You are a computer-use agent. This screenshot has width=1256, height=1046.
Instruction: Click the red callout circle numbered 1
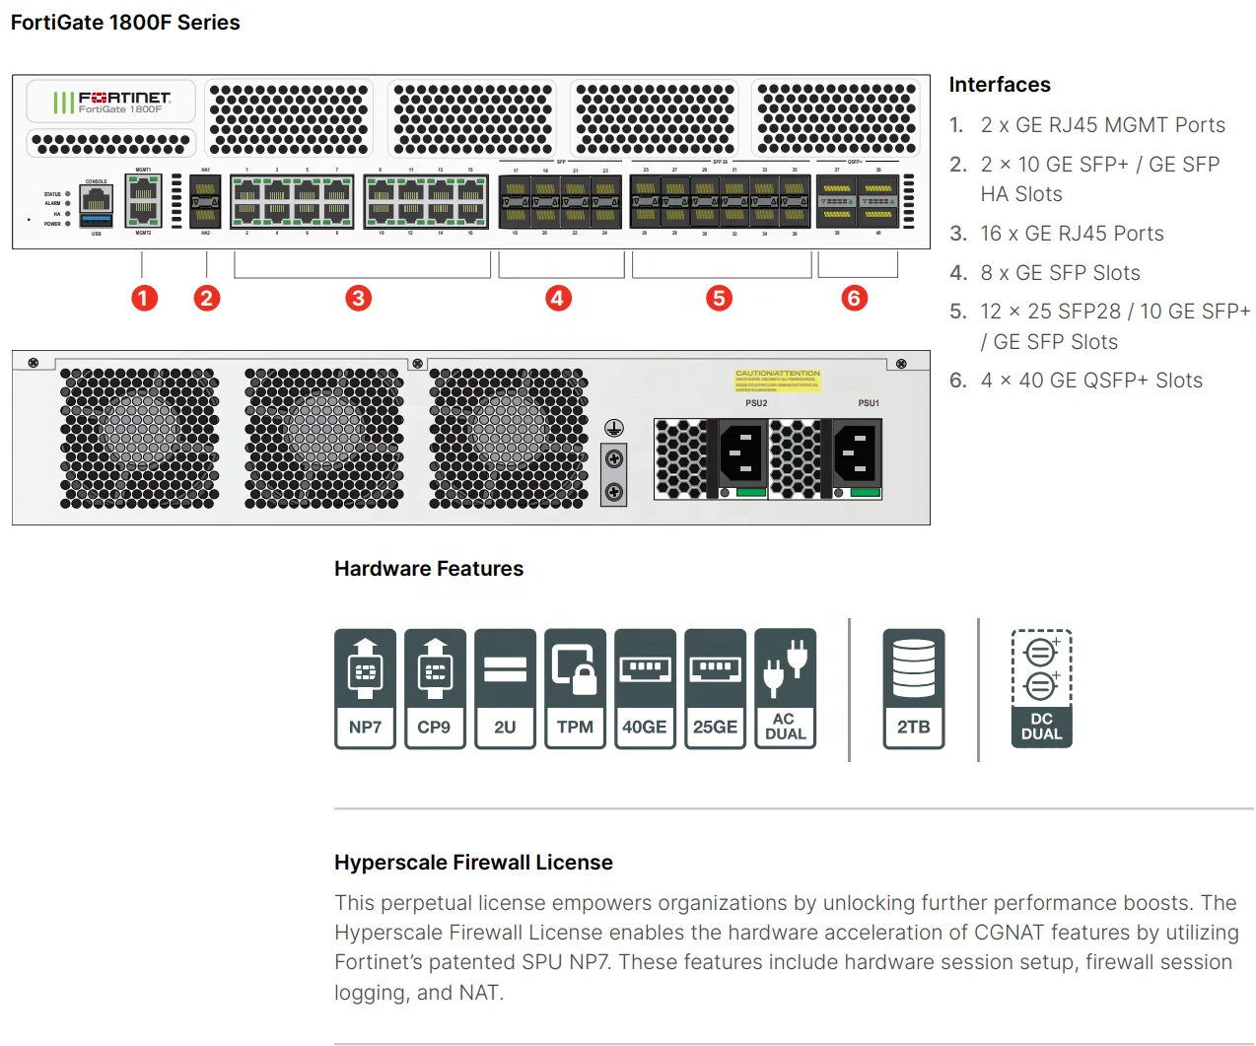click(x=144, y=298)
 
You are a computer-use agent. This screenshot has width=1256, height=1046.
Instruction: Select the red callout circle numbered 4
click(x=558, y=298)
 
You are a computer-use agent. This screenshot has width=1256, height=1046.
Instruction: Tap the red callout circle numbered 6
click(x=854, y=298)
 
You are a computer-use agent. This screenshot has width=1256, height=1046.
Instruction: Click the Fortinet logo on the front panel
click(x=111, y=102)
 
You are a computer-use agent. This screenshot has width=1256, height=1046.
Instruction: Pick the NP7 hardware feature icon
click(x=365, y=688)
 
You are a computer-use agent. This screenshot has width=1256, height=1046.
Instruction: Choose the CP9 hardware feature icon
click(x=435, y=688)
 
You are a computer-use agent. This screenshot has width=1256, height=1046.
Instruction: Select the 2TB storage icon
click(x=913, y=688)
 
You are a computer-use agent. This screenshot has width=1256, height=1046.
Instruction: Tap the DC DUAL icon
click(x=1041, y=688)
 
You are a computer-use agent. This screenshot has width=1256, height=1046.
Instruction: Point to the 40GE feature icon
click(x=645, y=688)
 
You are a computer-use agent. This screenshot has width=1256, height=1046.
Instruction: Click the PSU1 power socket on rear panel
click(x=856, y=453)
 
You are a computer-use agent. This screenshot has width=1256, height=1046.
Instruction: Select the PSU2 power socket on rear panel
click(x=741, y=453)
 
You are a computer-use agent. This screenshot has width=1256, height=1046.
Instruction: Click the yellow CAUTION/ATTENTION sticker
click(x=777, y=382)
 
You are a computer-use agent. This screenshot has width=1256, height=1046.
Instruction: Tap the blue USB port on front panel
click(x=97, y=220)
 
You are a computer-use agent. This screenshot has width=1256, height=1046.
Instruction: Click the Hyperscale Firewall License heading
click(x=473, y=863)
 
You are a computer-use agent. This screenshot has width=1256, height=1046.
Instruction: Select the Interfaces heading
click(x=999, y=85)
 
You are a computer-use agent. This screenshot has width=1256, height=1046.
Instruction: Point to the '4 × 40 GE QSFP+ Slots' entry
click(x=1090, y=381)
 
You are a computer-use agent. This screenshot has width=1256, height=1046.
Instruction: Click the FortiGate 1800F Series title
click(x=125, y=23)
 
